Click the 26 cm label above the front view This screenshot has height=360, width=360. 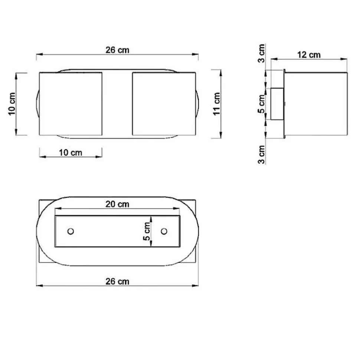pyautogui.click(x=117, y=50)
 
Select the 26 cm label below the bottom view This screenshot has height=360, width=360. pyautogui.click(x=117, y=281)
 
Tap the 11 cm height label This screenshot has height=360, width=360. pyautogui.click(x=216, y=104)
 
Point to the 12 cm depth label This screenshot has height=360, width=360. pyautogui.click(x=309, y=55)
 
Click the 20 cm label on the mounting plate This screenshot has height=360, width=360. pyautogui.click(x=117, y=204)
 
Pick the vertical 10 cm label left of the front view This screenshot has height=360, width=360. pyautogui.click(x=12, y=104)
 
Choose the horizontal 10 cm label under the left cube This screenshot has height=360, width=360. pyautogui.click(x=71, y=153)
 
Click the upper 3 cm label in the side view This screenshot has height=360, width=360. pyautogui.click(x=261, y=53)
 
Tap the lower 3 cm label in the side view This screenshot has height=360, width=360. pyautogui.click(x=261, y=155)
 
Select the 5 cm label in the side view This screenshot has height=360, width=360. pyautogui.click(x=261, y=104)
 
